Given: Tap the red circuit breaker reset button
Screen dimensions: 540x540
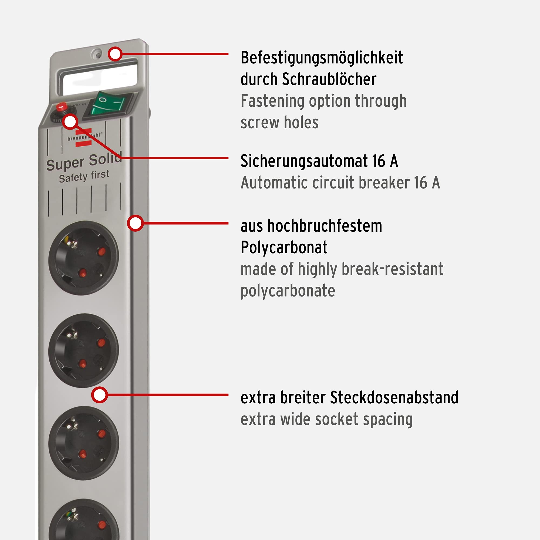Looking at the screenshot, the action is (62, 106).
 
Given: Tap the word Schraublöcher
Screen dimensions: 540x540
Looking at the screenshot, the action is (329, 79).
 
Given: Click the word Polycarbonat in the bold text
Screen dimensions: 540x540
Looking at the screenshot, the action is (284, 247).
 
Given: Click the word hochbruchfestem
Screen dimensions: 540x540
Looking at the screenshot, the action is (325, 226).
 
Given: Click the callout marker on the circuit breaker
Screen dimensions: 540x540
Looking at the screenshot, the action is (70, 122).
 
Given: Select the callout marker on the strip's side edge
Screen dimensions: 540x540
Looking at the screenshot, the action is (135, 223).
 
